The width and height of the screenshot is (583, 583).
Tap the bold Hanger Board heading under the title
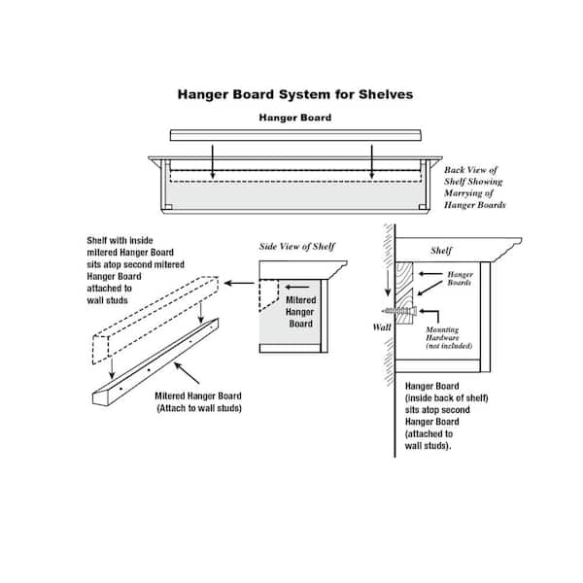294,118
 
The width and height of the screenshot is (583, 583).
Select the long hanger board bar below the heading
296,135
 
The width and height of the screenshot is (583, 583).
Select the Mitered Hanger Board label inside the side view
300,313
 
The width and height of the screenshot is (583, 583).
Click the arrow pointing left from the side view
238,283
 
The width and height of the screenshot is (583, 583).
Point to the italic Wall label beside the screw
384,328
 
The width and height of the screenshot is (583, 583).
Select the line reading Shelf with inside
116,240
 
